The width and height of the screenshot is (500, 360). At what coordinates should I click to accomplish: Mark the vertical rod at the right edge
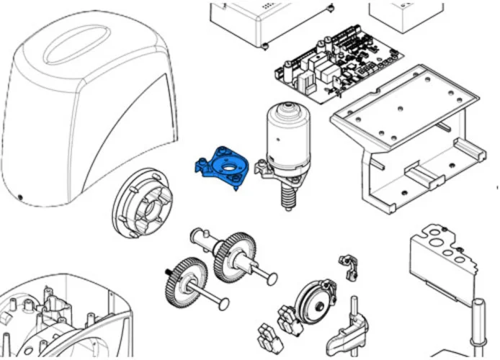point(476,328)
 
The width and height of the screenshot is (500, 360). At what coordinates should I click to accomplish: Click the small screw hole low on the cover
point(21,199)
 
